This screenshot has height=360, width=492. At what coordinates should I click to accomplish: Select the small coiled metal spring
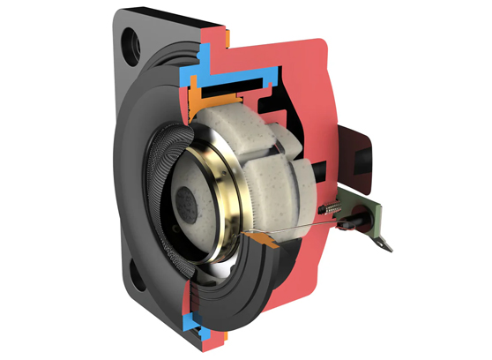point(330,209)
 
